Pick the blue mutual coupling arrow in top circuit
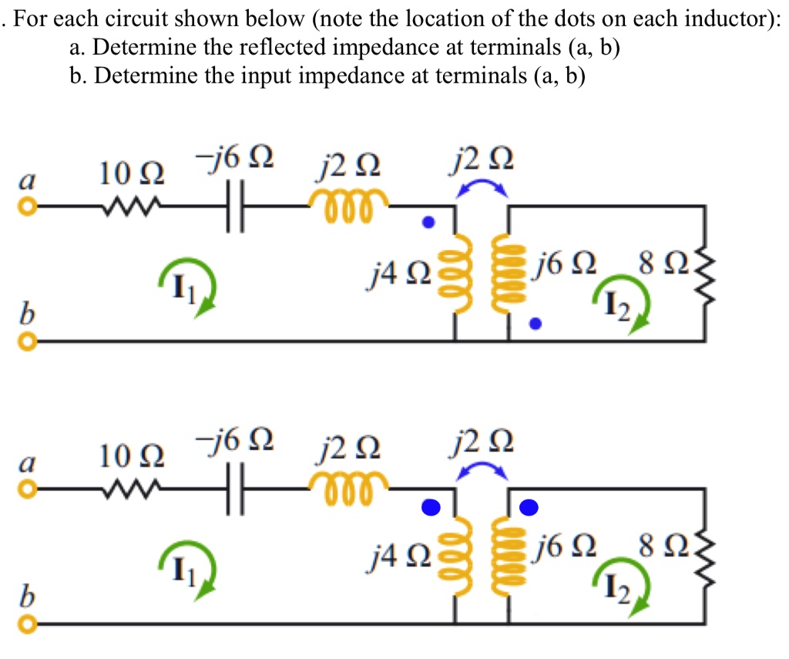pyautogui.click(x=482, y=187)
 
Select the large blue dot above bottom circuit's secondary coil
pyautogui.click(x=529, y=506)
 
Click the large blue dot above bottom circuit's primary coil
pyautogui.click(x=431, y=506)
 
